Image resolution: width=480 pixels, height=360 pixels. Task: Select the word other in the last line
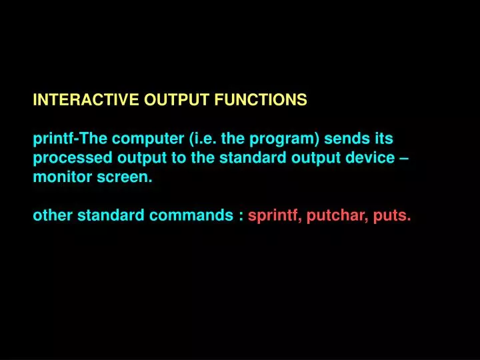[x=53, y=215]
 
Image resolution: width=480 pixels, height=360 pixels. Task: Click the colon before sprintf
[x=240, y=217]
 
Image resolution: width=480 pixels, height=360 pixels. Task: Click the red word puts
[x=393, y=216]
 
